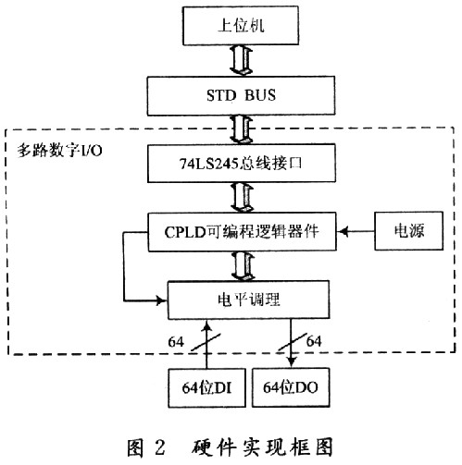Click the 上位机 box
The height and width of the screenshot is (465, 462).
(x=241, y=26)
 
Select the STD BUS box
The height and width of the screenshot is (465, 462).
(x=241, y=95)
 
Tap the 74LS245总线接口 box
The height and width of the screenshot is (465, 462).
(x=242, y=164)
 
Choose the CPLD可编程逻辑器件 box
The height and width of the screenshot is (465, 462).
(x=242, y=232)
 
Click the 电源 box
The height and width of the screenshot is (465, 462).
(x=409, y=231)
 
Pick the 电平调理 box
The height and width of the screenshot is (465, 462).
(x=248, y=300)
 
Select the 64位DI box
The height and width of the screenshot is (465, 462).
(x=206, y=387)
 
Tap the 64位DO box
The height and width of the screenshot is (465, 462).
(x=291, y=387)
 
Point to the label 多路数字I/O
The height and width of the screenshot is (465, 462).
(x=59, y=151)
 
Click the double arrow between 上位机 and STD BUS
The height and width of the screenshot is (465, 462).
(x=241, y=61)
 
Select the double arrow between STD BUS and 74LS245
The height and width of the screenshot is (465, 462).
(x=241, y=129)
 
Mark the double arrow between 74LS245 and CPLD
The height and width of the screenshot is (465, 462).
(x=242, y=197)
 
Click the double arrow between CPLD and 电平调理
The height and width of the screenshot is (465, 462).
(x=243, y=265)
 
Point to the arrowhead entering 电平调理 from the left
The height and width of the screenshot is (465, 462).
(x=162, y=300)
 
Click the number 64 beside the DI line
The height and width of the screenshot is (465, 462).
(x=176, y=342)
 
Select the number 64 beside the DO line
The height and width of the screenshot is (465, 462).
(x=314, y=341)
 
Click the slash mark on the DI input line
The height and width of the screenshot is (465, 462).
(x=206, y=342)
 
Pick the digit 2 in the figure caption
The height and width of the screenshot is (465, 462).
(x=160, y=447)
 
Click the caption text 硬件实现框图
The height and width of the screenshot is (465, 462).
(x=263, y=447)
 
